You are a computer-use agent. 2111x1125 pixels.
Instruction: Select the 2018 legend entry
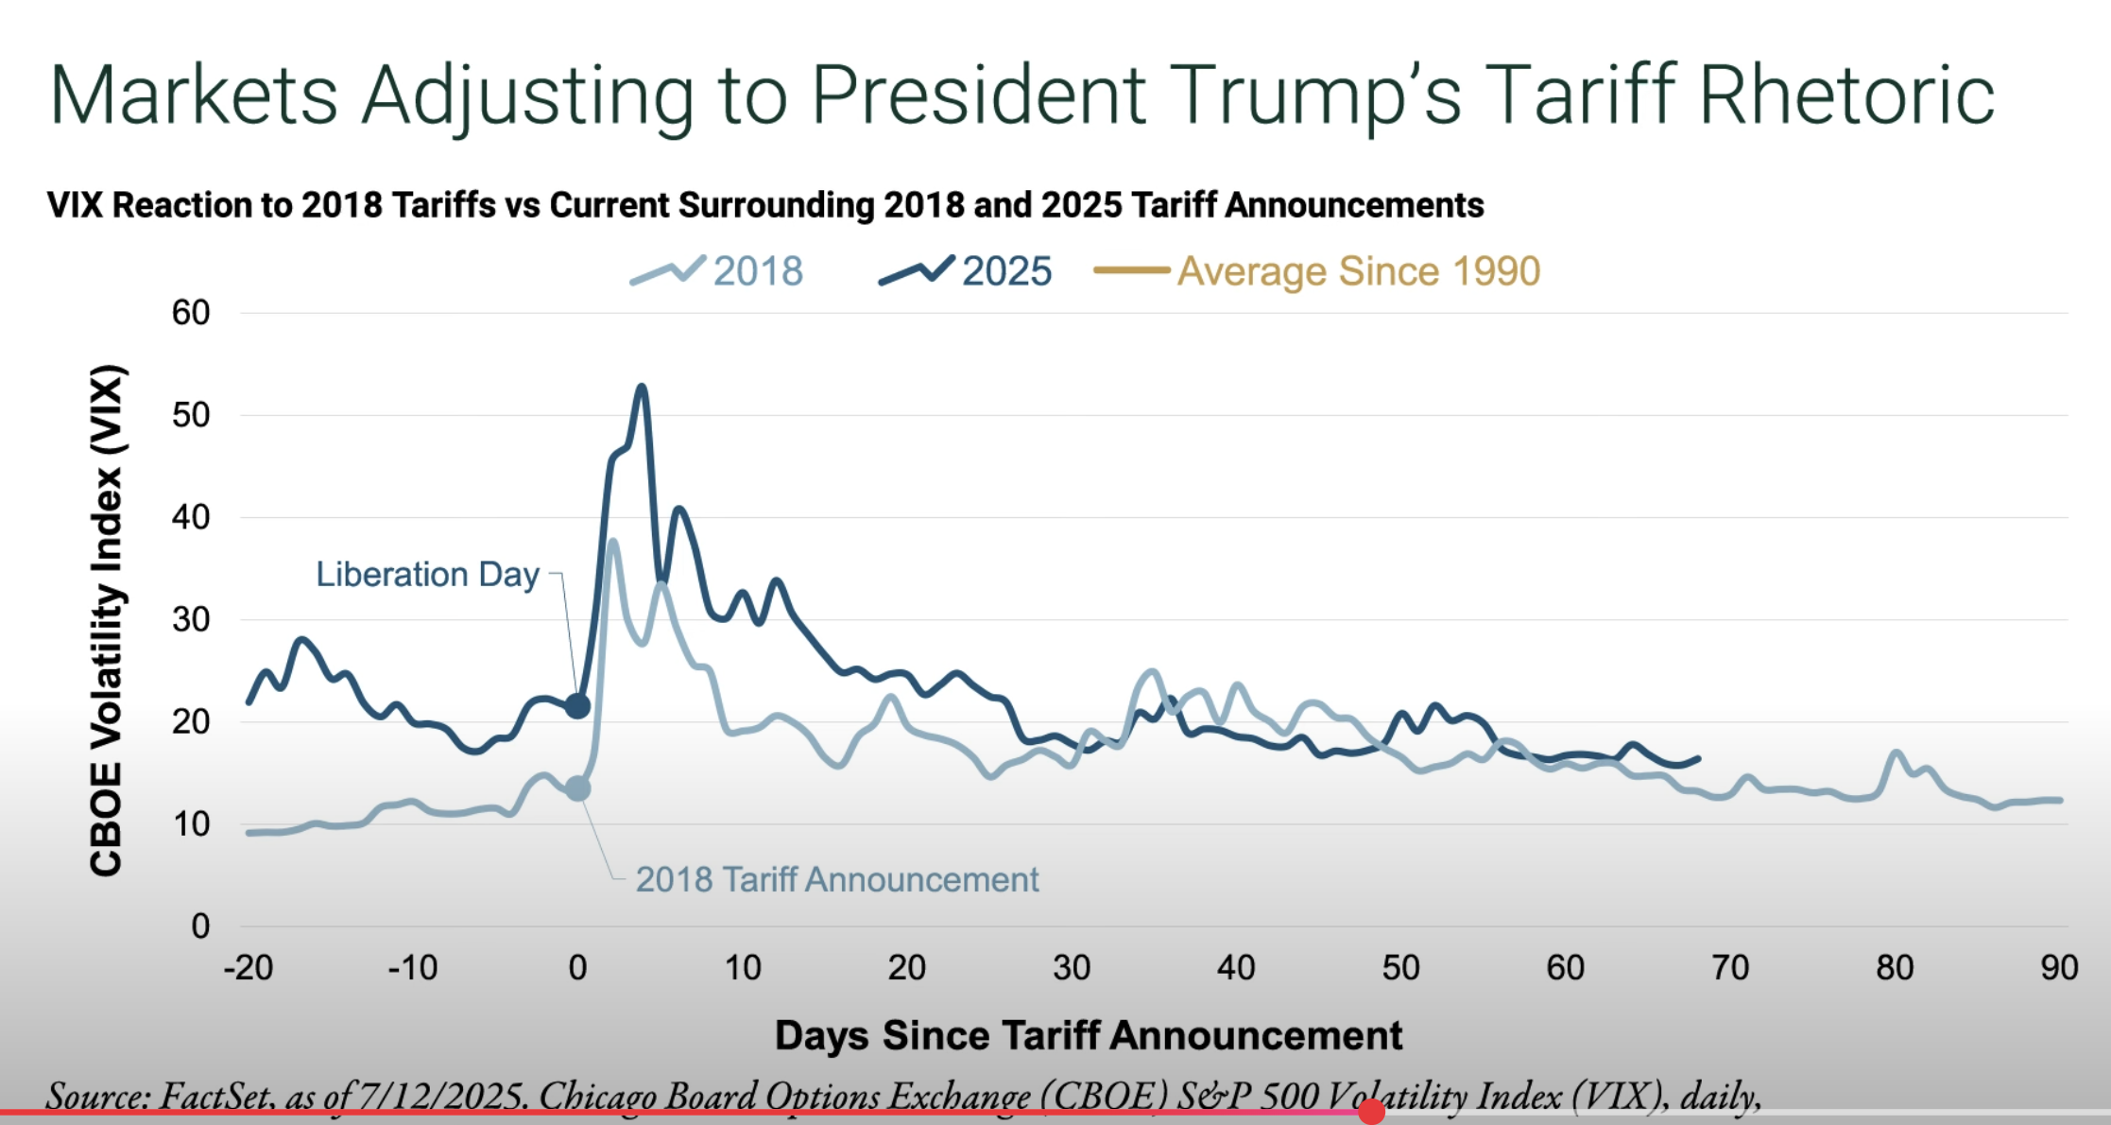718,271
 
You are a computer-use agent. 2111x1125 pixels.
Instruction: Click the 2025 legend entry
967,271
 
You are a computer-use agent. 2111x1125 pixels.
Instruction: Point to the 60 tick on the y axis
191,313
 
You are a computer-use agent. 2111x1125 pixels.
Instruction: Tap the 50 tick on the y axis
191,415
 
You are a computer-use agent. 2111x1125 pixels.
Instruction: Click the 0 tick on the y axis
200,926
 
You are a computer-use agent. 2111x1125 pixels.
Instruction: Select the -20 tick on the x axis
248,968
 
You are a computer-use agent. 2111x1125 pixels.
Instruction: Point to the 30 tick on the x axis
1072,968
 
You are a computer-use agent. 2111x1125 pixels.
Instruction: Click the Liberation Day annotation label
427,575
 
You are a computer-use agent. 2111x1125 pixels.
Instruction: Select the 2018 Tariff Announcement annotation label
836,880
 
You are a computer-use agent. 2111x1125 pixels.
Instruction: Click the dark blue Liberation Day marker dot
577,705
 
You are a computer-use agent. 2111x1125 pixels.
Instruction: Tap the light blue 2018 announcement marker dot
577,788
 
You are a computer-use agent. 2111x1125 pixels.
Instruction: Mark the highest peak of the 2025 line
643,387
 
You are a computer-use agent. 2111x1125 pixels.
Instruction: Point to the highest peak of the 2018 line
612,542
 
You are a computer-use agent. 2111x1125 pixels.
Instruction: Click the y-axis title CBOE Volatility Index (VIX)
106,620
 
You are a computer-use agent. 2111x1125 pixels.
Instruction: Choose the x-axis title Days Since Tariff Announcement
1089,1036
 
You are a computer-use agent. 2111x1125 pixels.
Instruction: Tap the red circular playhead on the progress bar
1371,1112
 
